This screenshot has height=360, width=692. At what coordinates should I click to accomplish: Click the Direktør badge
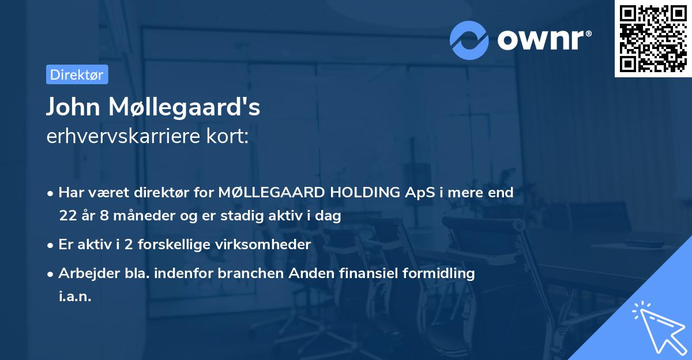77,74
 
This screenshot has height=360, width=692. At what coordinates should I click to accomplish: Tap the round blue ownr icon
469,40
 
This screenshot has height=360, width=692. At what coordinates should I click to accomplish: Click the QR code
653,38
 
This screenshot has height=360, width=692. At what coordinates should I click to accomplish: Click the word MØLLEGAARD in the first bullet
271,193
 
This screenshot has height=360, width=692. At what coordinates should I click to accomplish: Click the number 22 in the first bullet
67,216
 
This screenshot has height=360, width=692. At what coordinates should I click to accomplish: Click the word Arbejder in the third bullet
84,273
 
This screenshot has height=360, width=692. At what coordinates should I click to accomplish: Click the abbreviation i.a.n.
75,297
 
